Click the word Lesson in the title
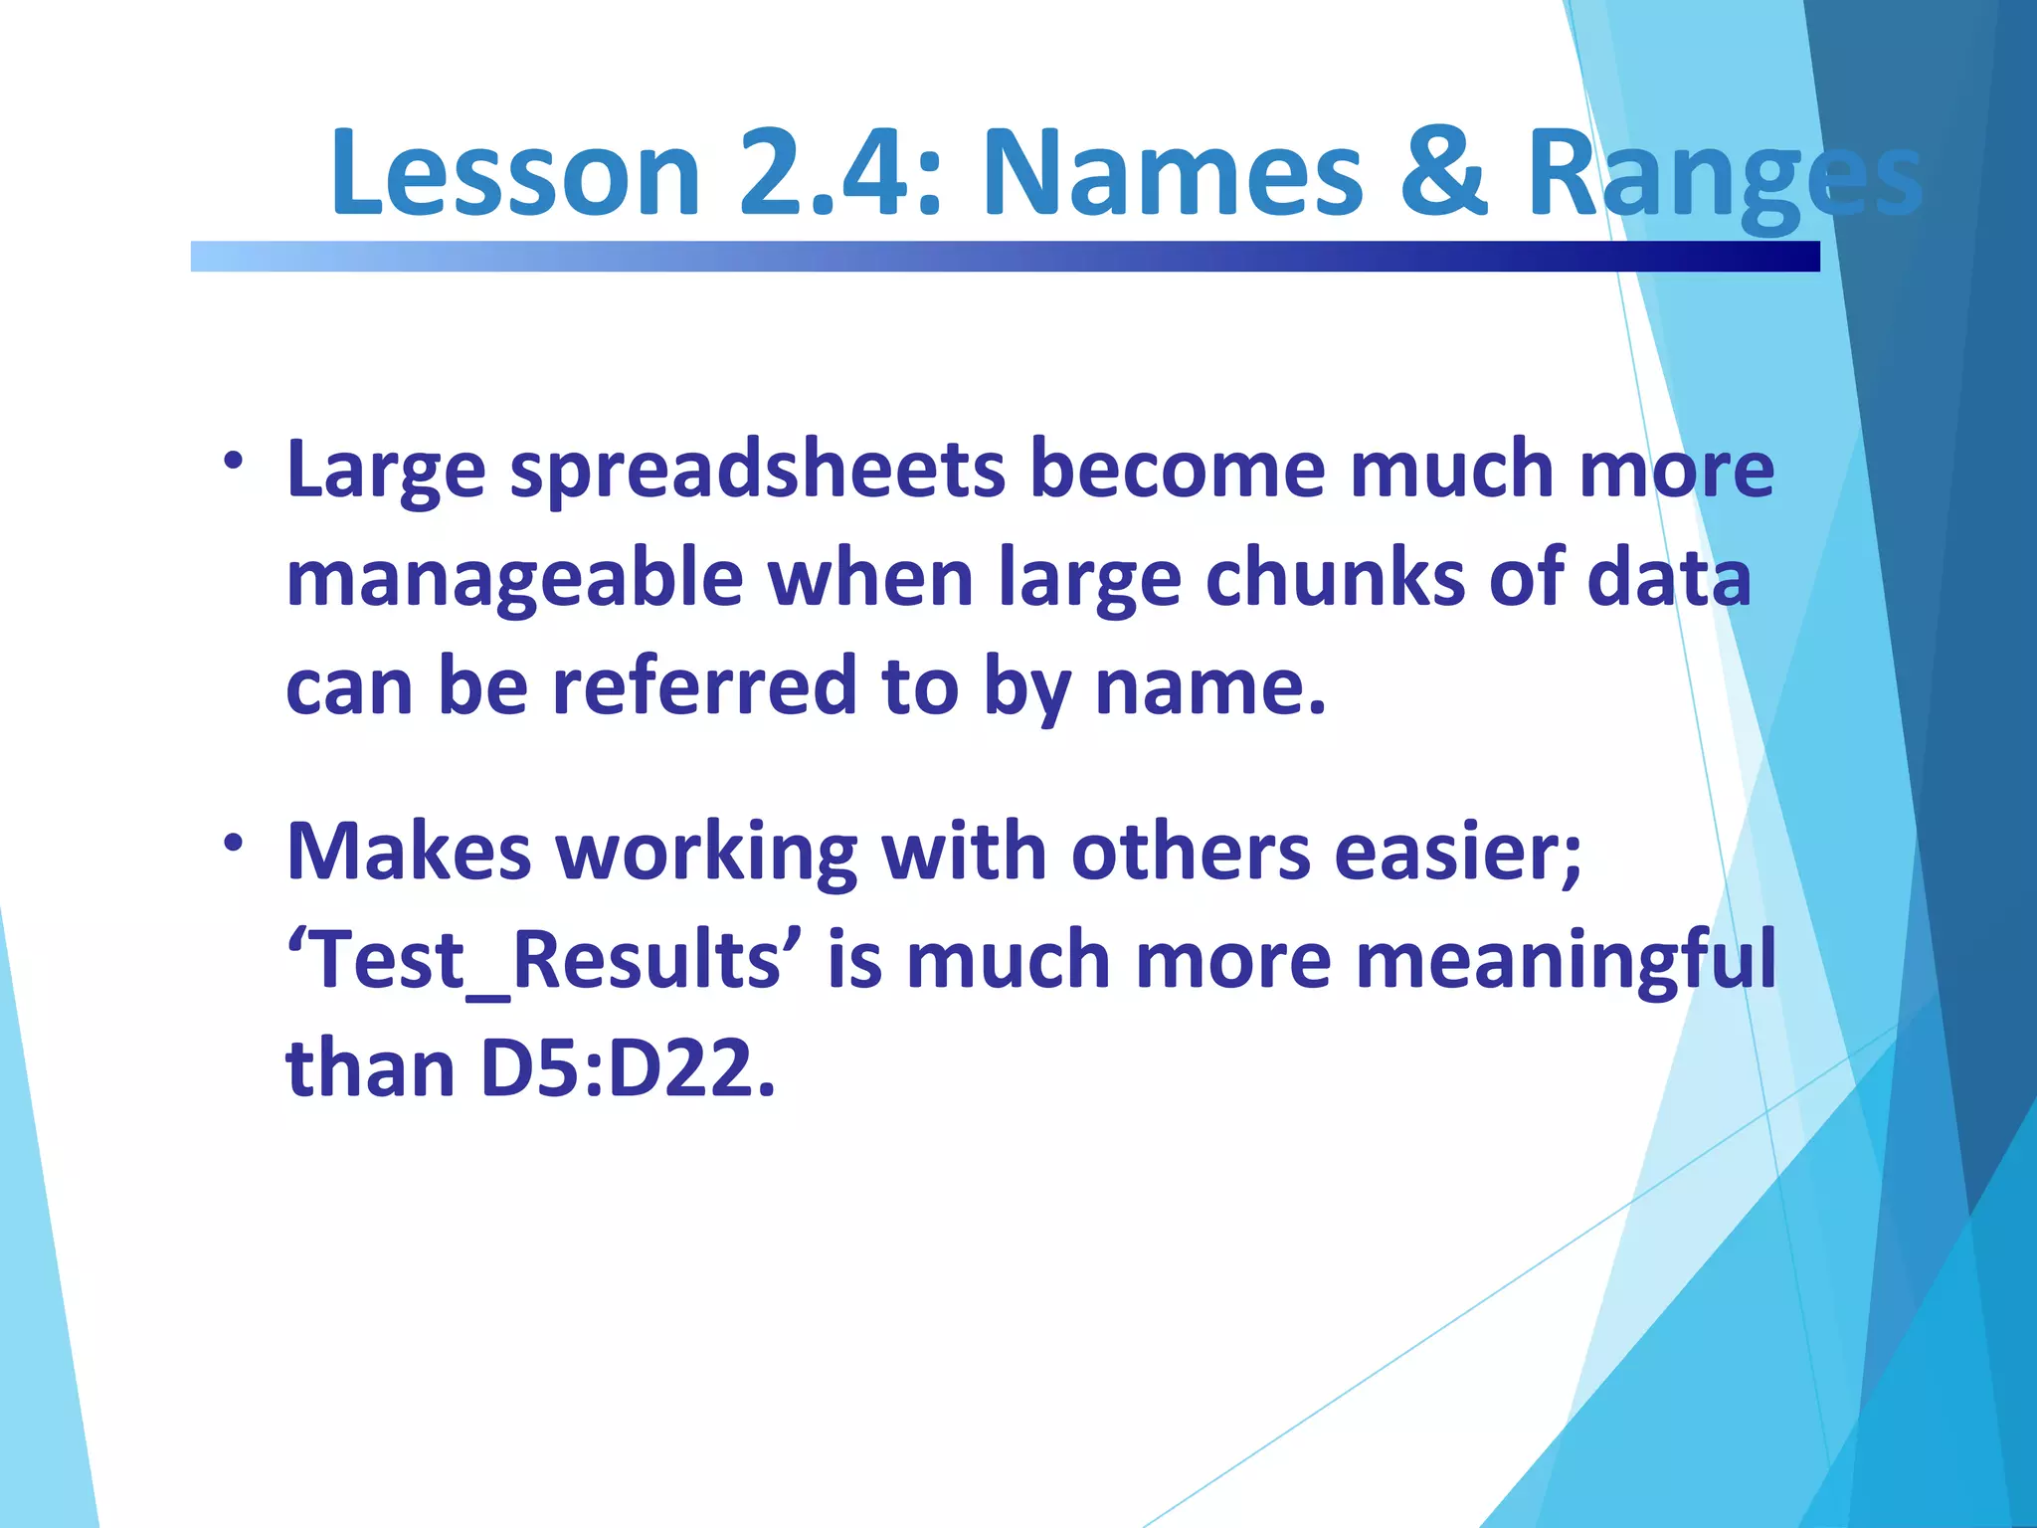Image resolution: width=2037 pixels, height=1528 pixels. pos(515,172)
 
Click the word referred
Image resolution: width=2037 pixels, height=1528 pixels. pos(704,685)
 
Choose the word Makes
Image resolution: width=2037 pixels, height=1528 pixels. pos(408,852)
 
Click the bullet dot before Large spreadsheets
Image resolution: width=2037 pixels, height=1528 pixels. pos(234,461)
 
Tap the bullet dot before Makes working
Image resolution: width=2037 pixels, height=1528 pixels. pos(234,844)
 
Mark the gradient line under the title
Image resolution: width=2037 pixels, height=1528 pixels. pos(1005,256)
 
